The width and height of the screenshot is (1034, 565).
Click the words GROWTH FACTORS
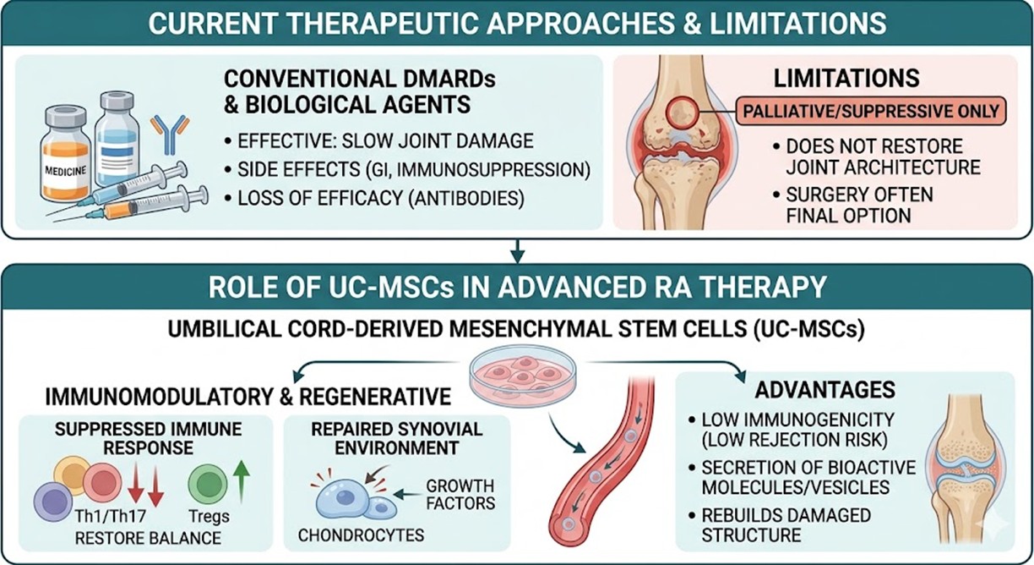[x=460, y=496]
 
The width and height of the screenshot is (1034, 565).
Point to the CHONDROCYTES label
[x=362, y=535]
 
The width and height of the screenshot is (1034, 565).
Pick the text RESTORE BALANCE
[x=148, y=538]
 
